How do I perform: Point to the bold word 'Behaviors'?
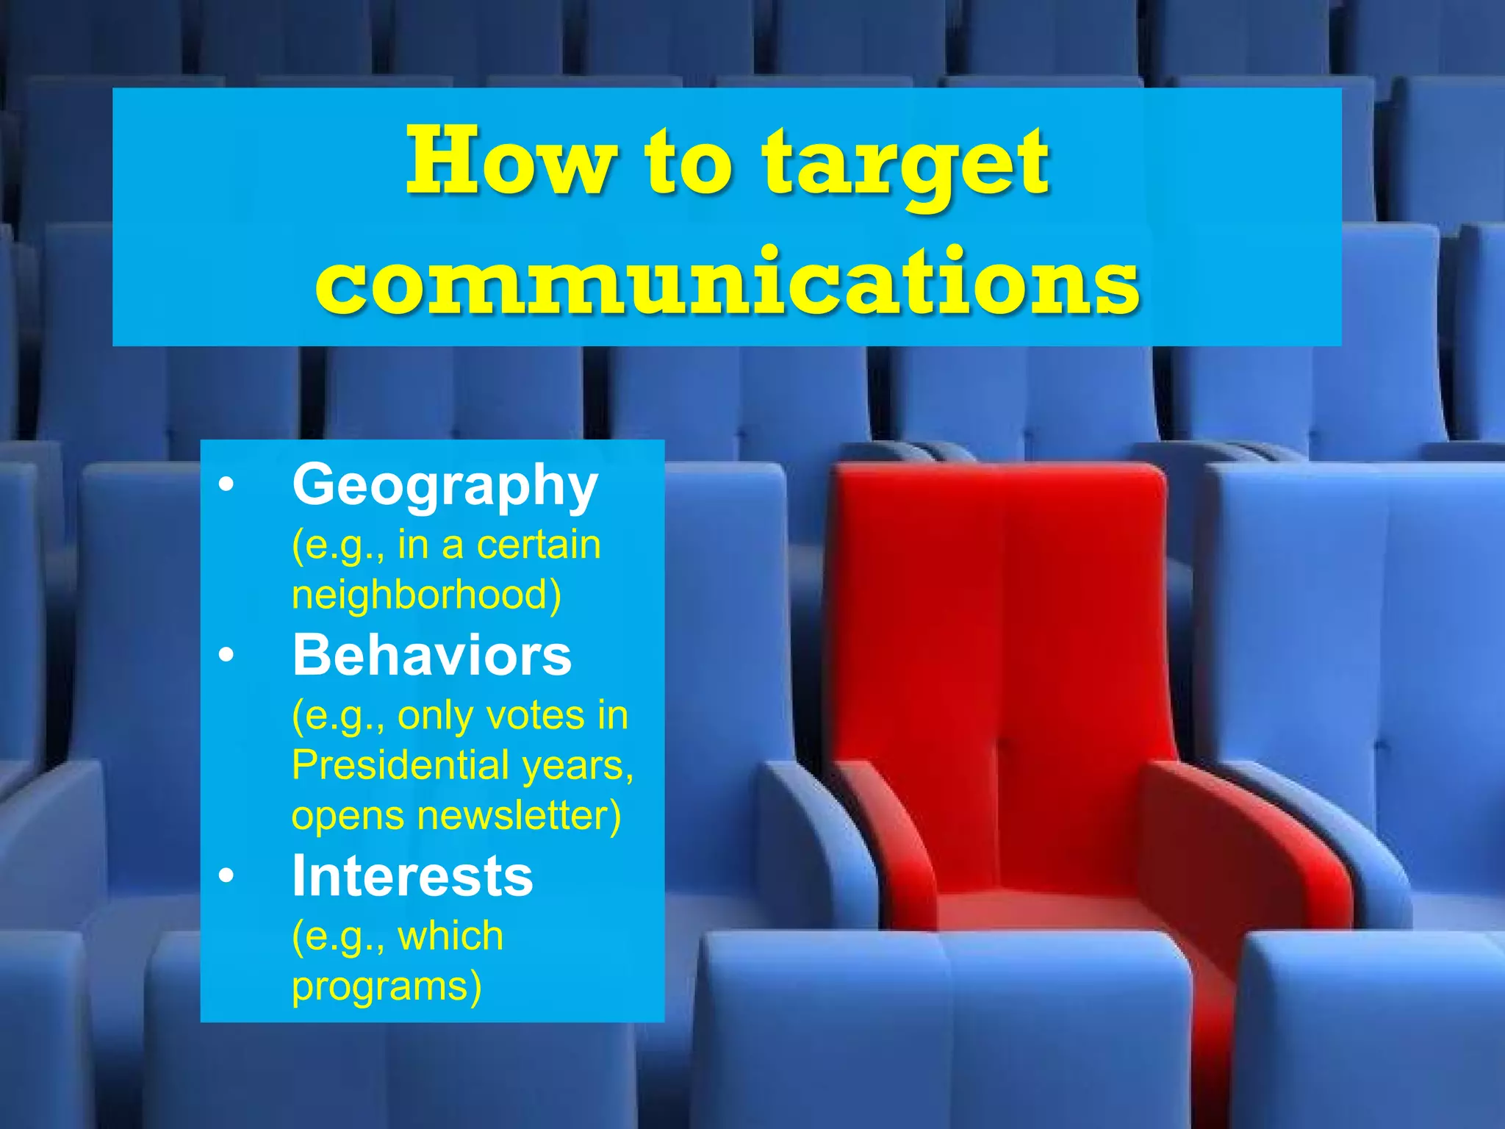(x=432, y=655)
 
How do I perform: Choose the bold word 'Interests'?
(x=412, y=876)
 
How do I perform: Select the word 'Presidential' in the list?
(x=401, y=765)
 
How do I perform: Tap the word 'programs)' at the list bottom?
(x=387, y=986)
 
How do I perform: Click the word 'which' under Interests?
(x=450, y=936)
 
